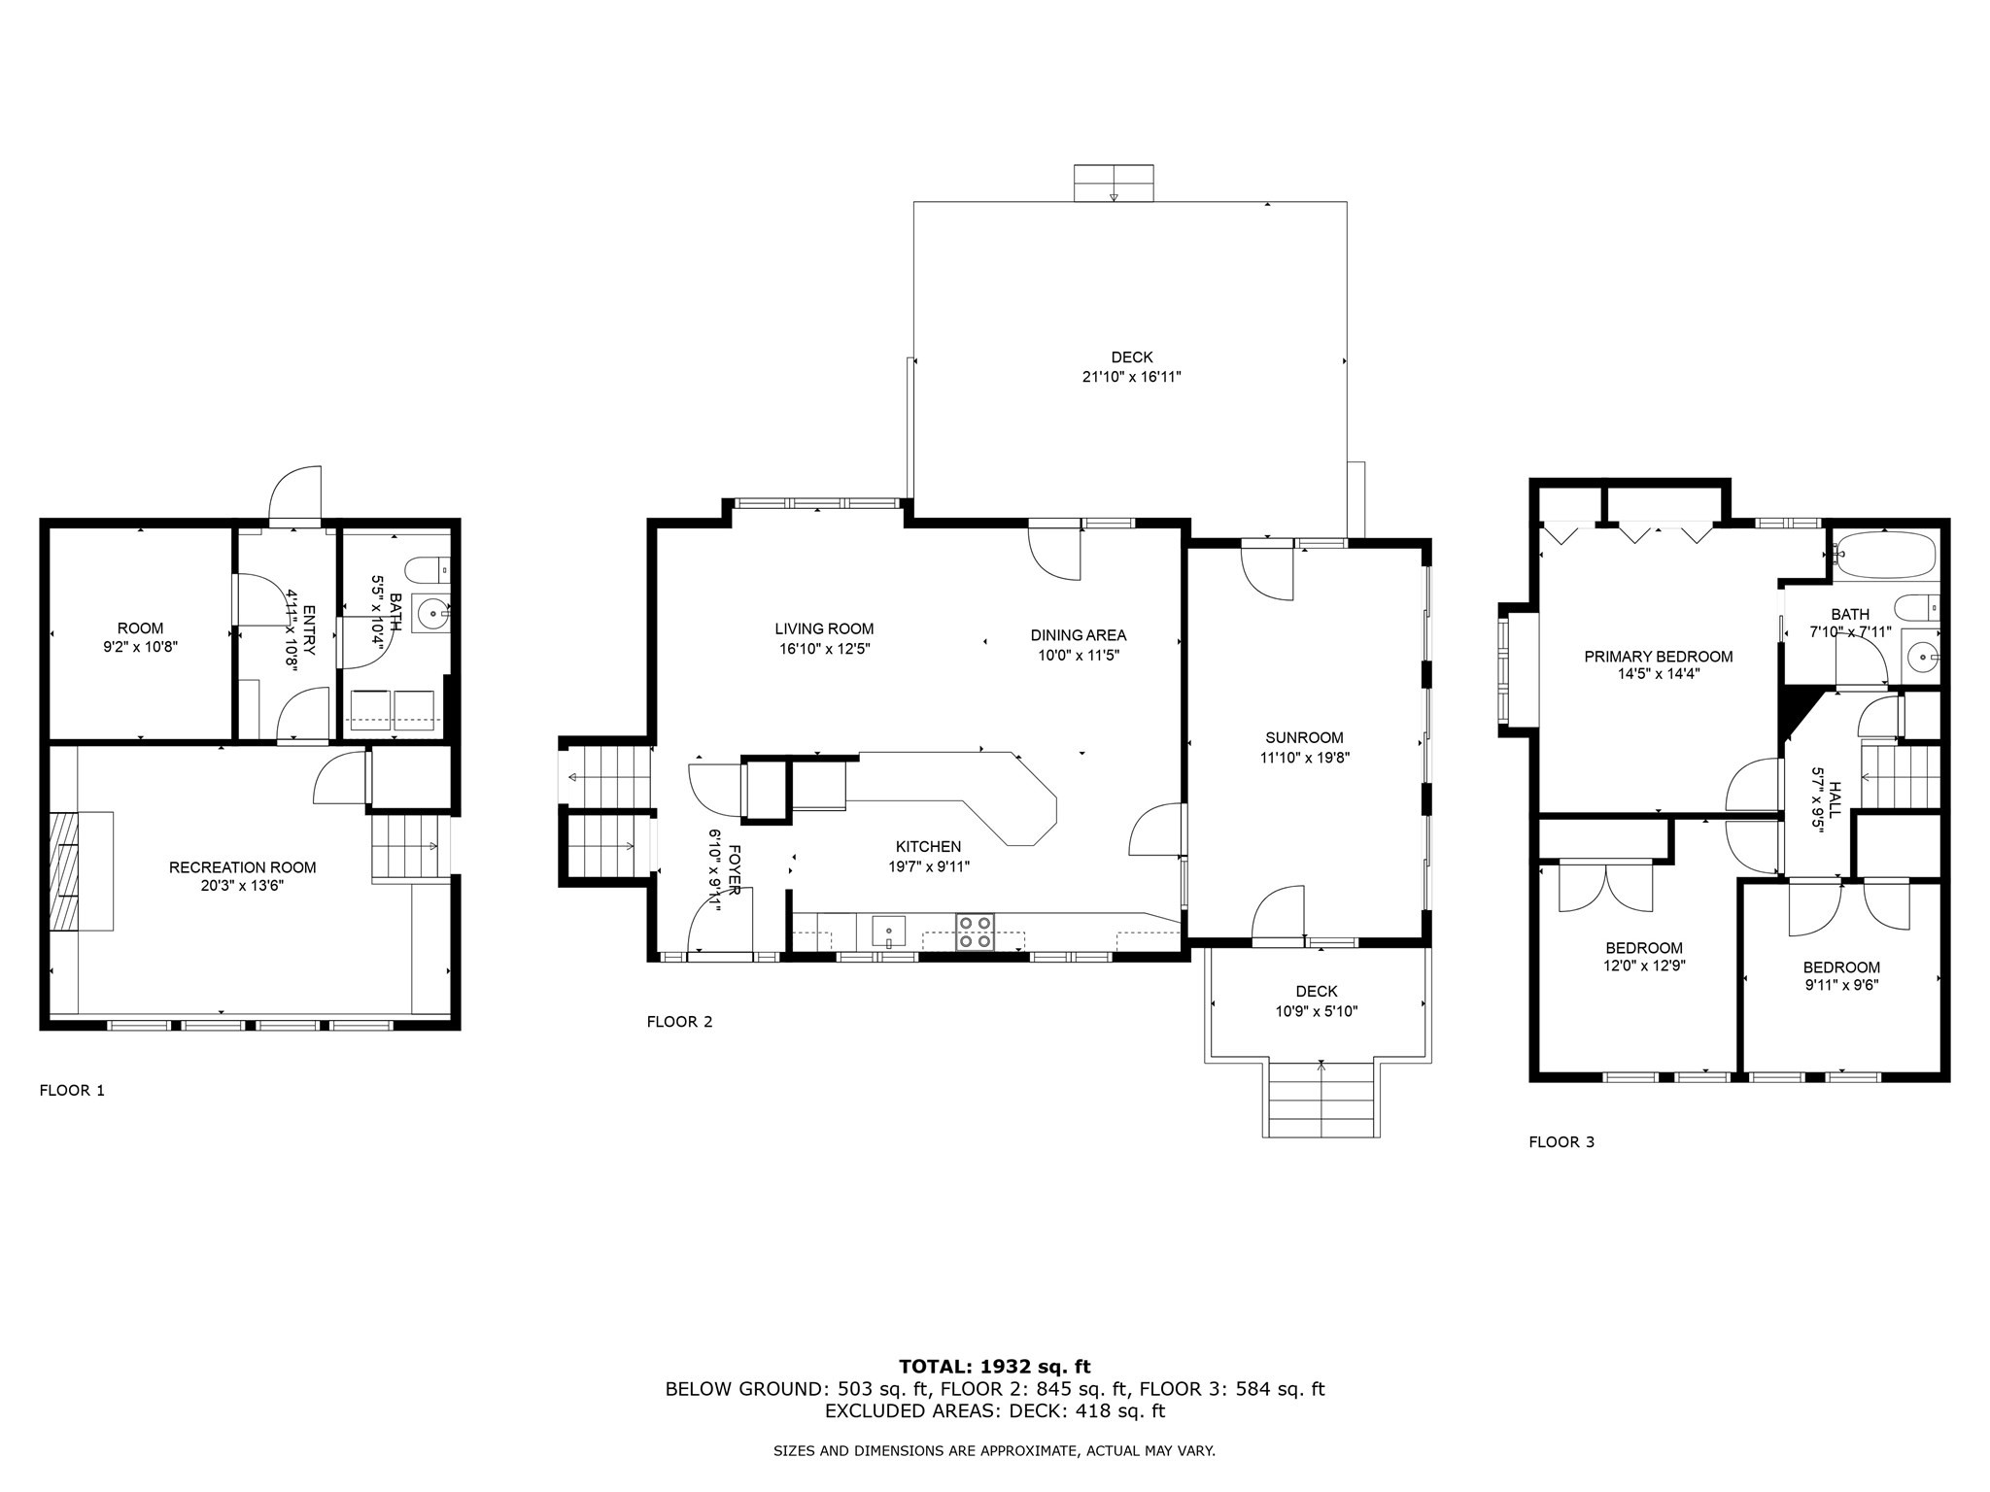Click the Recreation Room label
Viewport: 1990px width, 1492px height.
click(x=242, y=867)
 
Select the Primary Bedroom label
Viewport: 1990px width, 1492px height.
click(x=1658, y=657)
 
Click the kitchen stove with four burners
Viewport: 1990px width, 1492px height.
click(x=976, y=932)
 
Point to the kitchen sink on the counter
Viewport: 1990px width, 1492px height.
click(x=888, y=931)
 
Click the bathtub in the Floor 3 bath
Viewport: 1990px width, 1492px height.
click(x=1884, y=556)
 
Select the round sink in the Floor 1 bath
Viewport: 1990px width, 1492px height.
click(x=431, y=613)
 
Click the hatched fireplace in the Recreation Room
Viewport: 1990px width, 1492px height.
click(x=64, y=871)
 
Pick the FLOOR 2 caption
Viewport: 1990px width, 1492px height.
click(x=679, y=1022)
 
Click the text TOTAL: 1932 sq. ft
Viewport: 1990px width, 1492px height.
click(x=994, y=1367)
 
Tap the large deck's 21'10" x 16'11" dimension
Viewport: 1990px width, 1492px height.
click(x=1131, y=377)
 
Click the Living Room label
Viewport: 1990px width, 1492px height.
click(x=824, y=628)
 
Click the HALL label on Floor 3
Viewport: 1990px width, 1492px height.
click(x=1835, y=799)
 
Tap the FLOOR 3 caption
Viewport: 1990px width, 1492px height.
click(x=1561, y=1142)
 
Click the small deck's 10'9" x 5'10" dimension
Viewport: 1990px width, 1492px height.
click(x=1317, y=1011)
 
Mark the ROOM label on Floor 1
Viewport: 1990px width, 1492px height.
click(x=141, y=628)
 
